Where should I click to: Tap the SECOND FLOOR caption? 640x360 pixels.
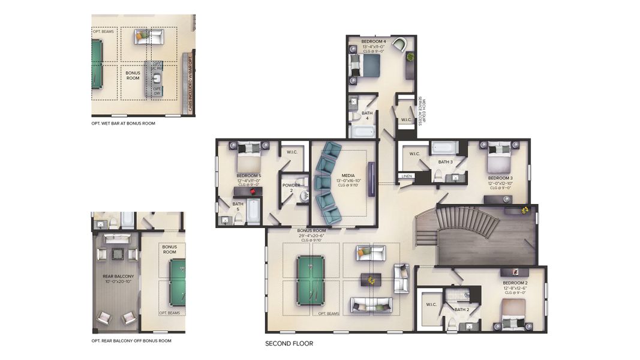click(x=289, y=344)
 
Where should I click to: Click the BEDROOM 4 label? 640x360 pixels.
click(x=372, y=41)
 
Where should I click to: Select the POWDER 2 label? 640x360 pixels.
click(x=292, y=188)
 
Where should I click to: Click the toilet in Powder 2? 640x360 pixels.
click(x=304, y=195)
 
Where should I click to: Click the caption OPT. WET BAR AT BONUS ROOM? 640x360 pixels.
click(x=123, y=123)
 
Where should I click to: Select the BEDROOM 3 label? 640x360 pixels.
click(x=500, y=178)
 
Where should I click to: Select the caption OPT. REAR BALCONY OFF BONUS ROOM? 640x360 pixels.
click(x=131, y=340)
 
